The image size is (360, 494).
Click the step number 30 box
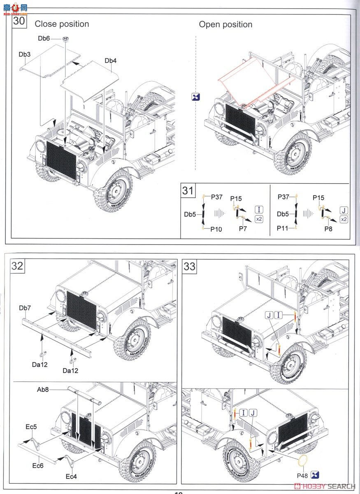(19, 21)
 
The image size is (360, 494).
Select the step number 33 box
(189, 266)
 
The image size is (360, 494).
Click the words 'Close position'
(62, 24)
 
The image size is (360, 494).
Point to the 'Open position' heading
(225, 24)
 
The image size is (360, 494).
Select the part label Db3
(24, 54)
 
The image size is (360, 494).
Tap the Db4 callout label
(110, 61)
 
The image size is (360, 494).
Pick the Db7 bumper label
(25, 308)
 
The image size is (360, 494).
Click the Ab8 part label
(42, 389)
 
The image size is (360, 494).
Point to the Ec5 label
(30, 427)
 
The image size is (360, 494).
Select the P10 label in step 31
(216, 229)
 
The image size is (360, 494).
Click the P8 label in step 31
(327, 229)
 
